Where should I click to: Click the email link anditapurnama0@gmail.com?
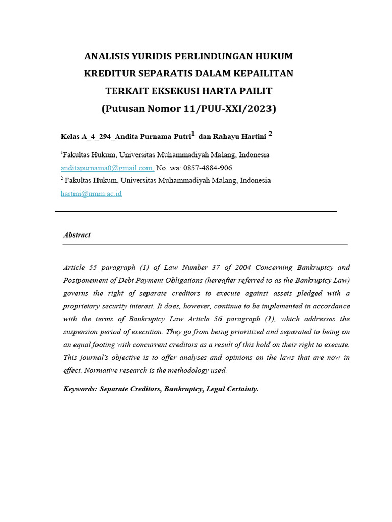coord(107,168)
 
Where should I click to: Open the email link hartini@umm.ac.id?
coord(91,194)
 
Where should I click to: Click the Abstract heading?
coord(77,235)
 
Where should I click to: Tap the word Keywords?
coord(80,389)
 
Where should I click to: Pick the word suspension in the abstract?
coord(82,332)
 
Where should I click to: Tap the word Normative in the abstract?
coord(101,371)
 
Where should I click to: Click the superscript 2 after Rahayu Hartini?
coord(271,134)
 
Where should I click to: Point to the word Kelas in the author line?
coord(70,136)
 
